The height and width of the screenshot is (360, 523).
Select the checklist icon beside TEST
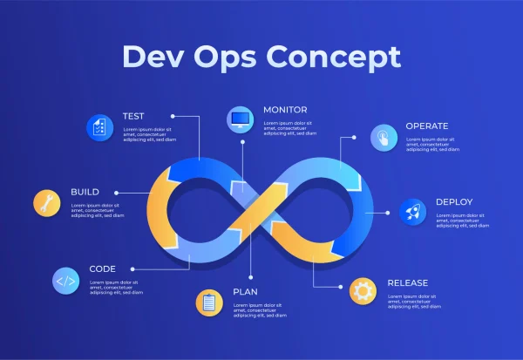click(x=99, y=127)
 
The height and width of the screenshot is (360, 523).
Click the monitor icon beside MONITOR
click(x=240, y=119)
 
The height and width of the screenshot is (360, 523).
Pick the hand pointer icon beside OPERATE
click(x=383, y=137)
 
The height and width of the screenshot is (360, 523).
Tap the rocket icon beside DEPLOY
click(x=412, y=212)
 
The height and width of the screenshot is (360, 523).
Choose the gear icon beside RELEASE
click(x=363, y=290)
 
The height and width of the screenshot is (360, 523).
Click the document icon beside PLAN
click(x=209, y=302)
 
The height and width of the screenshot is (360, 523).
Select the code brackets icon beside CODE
click(x=65, y=281)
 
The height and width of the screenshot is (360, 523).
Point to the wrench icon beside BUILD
click(x=47, y=203)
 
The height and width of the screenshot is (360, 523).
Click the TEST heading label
click(x=133, y=116)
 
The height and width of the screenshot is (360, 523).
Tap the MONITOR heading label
click(x=285, y=110)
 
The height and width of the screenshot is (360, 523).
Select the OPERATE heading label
click(x=427, y=126)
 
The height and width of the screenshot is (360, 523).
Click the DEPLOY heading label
click(x=454, y=202)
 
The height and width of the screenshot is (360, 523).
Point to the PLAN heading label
click(x=245, y=292)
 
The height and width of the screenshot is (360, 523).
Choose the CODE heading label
click(x=102, y=269)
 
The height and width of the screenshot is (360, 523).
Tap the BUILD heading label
click(x=85, y=192)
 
